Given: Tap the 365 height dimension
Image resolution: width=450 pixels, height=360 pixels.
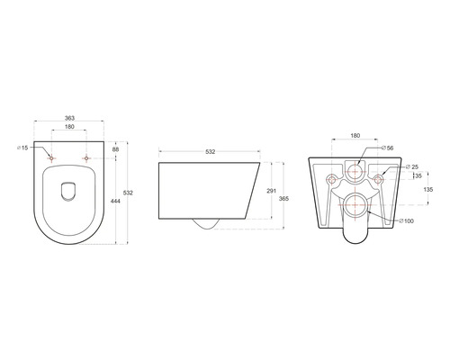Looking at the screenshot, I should tap(283, 198).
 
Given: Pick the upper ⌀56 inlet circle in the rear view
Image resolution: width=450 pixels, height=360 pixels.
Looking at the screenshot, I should tap(356, 170).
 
